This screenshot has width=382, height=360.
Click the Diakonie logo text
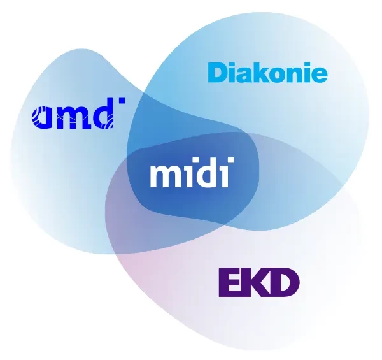click(x=267, y=73)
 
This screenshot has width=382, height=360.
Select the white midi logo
click(x=192, y=173)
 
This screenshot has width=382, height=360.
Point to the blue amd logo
click(x=77, y=115)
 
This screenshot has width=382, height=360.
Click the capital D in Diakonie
click(x=218, y=73)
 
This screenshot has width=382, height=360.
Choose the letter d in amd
click(x=104, y=115)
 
